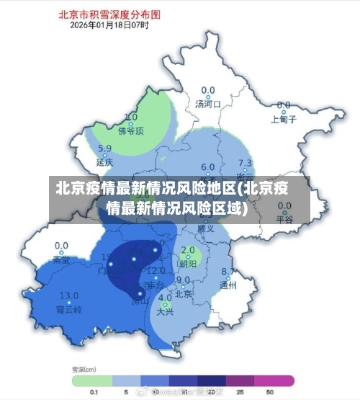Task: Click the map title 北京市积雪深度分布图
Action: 120,14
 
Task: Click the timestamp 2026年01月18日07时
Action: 109,25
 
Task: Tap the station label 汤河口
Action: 208,105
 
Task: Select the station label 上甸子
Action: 284,120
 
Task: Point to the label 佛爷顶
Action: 131,130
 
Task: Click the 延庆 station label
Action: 105,162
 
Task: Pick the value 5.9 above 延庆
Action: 105,149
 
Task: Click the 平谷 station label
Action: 285,220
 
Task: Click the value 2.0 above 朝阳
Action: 189,250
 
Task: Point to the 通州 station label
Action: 228,285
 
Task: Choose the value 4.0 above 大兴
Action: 166,298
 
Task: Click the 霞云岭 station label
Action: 69,308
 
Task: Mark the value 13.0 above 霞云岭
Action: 69,295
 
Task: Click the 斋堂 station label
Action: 62,258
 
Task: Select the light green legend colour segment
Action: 91,379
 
